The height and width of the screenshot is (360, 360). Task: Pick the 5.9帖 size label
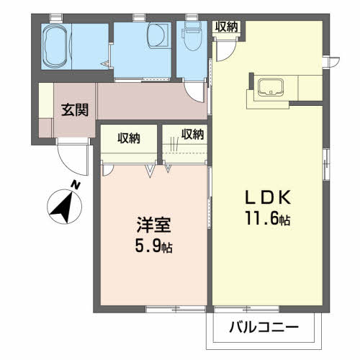[153, 247]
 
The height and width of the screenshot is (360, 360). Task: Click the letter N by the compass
[76, 185]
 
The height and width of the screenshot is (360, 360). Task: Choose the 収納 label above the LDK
[227, 27]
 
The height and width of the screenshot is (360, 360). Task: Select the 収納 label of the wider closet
[129, 138]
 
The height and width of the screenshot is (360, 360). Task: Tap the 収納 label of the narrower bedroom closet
[192, 133]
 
